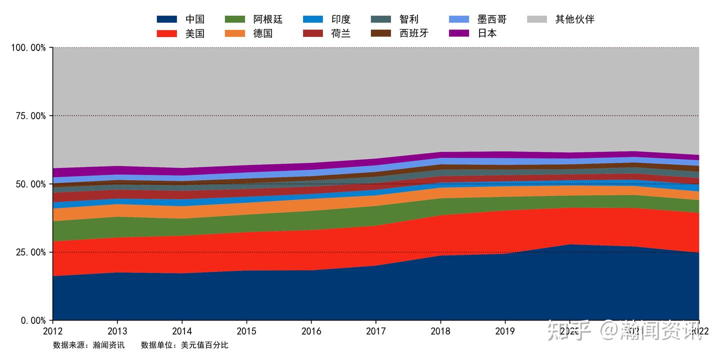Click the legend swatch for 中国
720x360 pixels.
(167, 19)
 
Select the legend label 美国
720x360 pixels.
(194, 33)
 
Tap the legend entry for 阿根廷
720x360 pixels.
(268, 19)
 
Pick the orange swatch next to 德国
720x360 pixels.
(235, 33)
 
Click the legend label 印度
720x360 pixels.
(340, 19)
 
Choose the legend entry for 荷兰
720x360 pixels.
(340, 33)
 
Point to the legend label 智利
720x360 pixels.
(408, 19)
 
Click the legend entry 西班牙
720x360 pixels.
(413, 33)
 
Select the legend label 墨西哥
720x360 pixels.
(491, 19)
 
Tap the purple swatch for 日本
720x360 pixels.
(459, 33)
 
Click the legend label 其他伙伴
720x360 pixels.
(574, 19)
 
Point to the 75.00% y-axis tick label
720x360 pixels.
(28, 116)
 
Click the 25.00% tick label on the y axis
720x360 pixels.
(28, 252)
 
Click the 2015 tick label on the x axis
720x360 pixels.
(246, 331)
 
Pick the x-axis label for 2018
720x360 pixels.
(440, 331)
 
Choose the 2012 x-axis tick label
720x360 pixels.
(53, 331)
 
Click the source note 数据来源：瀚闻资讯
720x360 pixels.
(88, 345)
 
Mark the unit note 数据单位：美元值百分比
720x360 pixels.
(184, 345)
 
